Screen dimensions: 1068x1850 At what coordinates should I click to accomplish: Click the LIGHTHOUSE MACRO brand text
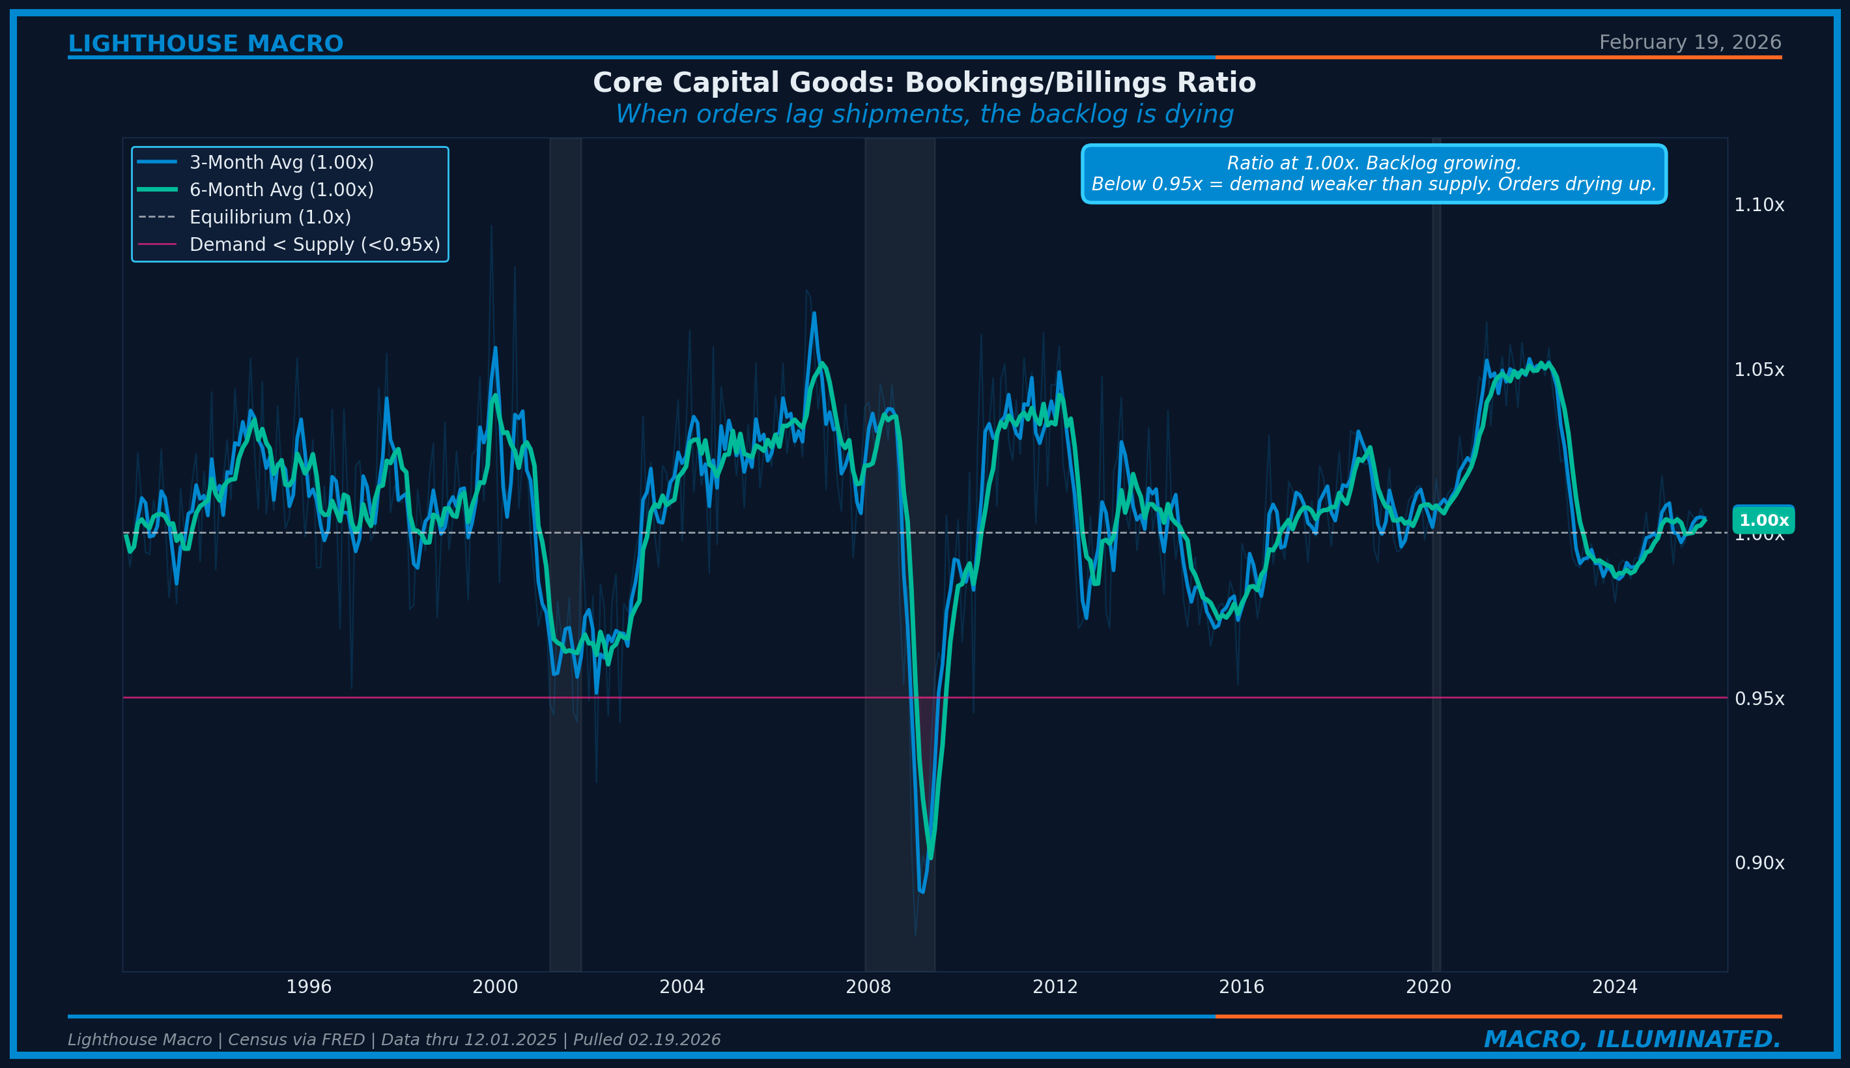coord(205,44)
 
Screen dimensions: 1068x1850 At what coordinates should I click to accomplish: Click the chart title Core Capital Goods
coord(924,83)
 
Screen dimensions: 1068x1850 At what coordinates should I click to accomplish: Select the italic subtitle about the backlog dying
coord(924,115)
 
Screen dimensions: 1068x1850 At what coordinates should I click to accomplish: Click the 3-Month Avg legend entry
coord(281,163)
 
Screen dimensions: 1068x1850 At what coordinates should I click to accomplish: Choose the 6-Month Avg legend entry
coord(281,190)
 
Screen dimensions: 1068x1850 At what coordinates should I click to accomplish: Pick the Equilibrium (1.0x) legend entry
coord(270,217)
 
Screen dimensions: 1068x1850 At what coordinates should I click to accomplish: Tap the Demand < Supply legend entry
coord(315,245)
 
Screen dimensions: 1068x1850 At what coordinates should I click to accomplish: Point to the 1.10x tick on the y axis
coord(1758,205)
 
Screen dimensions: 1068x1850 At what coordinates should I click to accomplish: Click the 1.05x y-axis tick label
coord(1758,369)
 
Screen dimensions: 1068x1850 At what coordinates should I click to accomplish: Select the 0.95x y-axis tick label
coord(1758,699)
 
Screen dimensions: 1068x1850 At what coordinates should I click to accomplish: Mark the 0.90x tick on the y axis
coord(1758,863)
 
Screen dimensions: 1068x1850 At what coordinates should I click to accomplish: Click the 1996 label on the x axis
coord(309,987)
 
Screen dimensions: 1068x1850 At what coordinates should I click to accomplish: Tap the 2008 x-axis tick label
coord(868,987)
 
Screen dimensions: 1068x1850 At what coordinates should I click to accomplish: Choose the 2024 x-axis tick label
coord(1615,987)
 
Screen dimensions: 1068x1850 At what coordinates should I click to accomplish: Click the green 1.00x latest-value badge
coord(1763,521)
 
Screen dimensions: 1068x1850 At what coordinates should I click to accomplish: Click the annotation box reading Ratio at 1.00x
coord(1373,174)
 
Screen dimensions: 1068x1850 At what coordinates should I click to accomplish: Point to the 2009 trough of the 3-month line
coord(922,892)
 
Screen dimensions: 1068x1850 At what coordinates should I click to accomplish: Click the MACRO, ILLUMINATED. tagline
coord(1632,1039)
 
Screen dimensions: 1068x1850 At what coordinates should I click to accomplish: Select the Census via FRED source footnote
coord(393,1040)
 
